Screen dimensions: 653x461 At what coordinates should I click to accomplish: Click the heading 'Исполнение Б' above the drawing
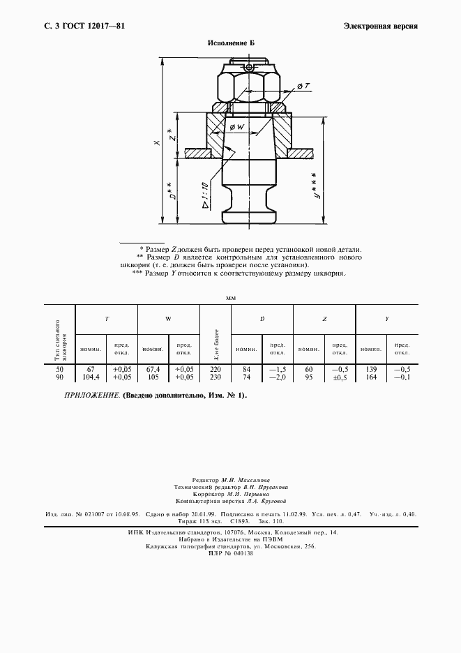231,43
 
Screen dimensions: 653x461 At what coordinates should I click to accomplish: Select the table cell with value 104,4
90,377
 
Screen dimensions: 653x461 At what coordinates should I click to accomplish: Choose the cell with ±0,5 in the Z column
340,377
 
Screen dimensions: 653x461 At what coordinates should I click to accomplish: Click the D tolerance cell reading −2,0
277,377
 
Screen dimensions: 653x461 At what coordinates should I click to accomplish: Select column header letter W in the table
168,319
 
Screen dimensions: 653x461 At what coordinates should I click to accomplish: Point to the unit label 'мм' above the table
231,298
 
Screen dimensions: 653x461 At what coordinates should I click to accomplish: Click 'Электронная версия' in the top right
381,26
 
